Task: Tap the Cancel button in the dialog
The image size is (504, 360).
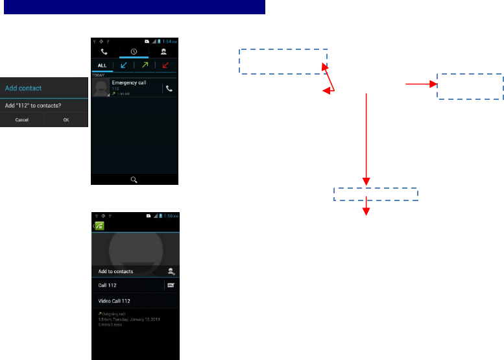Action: [x=22, y=120]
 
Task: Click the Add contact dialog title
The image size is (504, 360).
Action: [x=23, y=88]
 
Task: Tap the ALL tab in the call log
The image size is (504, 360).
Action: [x=102, y=66]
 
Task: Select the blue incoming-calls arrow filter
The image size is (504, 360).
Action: [x=123, y=66]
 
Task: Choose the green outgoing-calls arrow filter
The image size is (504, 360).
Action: [x=145, y=66]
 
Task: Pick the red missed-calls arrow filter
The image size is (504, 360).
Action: [x=166, y=66]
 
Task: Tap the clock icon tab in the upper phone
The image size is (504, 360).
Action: [x=134, y=52]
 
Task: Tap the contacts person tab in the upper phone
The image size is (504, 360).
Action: [x=163, y=52]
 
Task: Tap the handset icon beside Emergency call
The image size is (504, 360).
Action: [x=169, y=88]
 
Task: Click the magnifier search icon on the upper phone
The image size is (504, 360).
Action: [x=134, y=180]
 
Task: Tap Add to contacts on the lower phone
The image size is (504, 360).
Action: [x=116, y=271]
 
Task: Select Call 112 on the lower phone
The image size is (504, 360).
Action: [x=108, y=285]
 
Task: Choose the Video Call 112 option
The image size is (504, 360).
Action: [x=114, y=301]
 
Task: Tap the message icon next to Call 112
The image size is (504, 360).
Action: [x=171, y=285]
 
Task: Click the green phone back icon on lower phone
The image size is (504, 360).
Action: [x=99, y=226]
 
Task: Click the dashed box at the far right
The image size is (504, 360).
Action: [x=470, y=86]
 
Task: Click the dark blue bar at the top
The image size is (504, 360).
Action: [x=133, y=7]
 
